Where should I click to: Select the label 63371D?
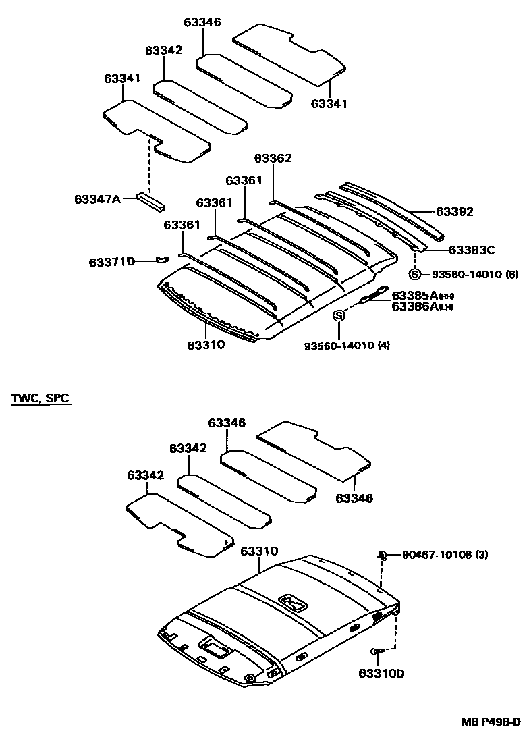[112, 261]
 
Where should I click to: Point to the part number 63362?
[273, 159]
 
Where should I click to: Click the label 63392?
[454, 212]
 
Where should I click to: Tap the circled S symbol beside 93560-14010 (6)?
[415, 274]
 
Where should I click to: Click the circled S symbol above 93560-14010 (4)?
[339, 315]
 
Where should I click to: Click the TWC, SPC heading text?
[40, 398]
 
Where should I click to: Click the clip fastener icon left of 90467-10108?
[382, 556]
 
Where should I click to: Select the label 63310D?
[381, 673]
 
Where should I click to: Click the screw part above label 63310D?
[377, 651]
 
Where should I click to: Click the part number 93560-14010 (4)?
[347, 346]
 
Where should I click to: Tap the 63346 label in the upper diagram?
[202, 23]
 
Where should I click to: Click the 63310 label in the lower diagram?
[258, 551]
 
